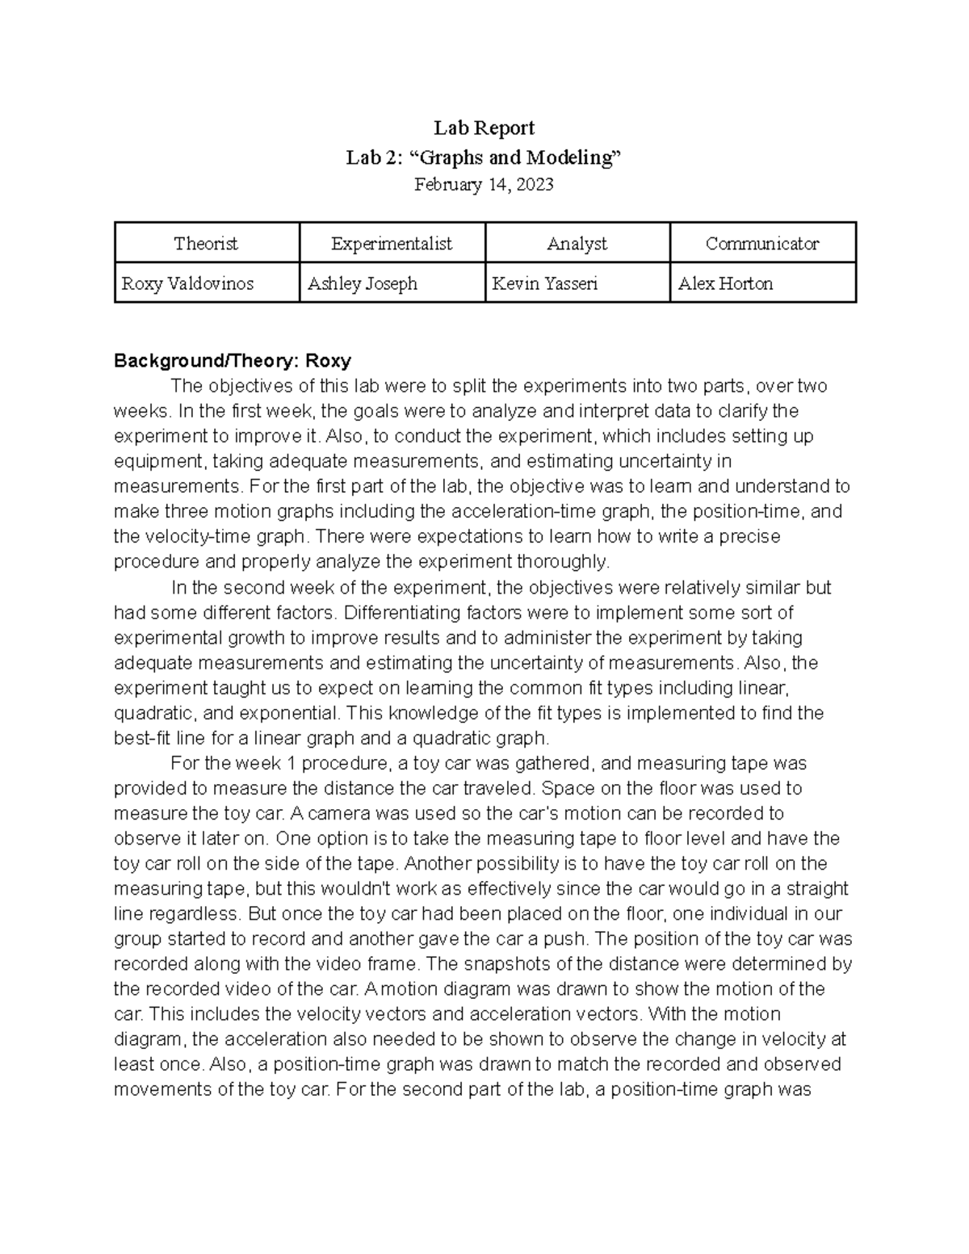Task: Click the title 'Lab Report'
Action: coord(484,128)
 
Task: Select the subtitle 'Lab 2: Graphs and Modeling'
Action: coord(484,157)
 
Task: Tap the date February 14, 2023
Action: coord(484,185)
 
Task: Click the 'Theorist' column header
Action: coord(206,244)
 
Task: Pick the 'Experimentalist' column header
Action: coord(392,244)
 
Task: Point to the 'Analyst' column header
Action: coord(577,244)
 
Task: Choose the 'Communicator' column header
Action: coord(761,244)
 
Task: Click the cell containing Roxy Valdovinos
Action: coord(187,284)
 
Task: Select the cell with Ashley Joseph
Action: coord(363,284)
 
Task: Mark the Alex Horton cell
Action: coord(725,284)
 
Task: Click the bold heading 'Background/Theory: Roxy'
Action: coord(233,360)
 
